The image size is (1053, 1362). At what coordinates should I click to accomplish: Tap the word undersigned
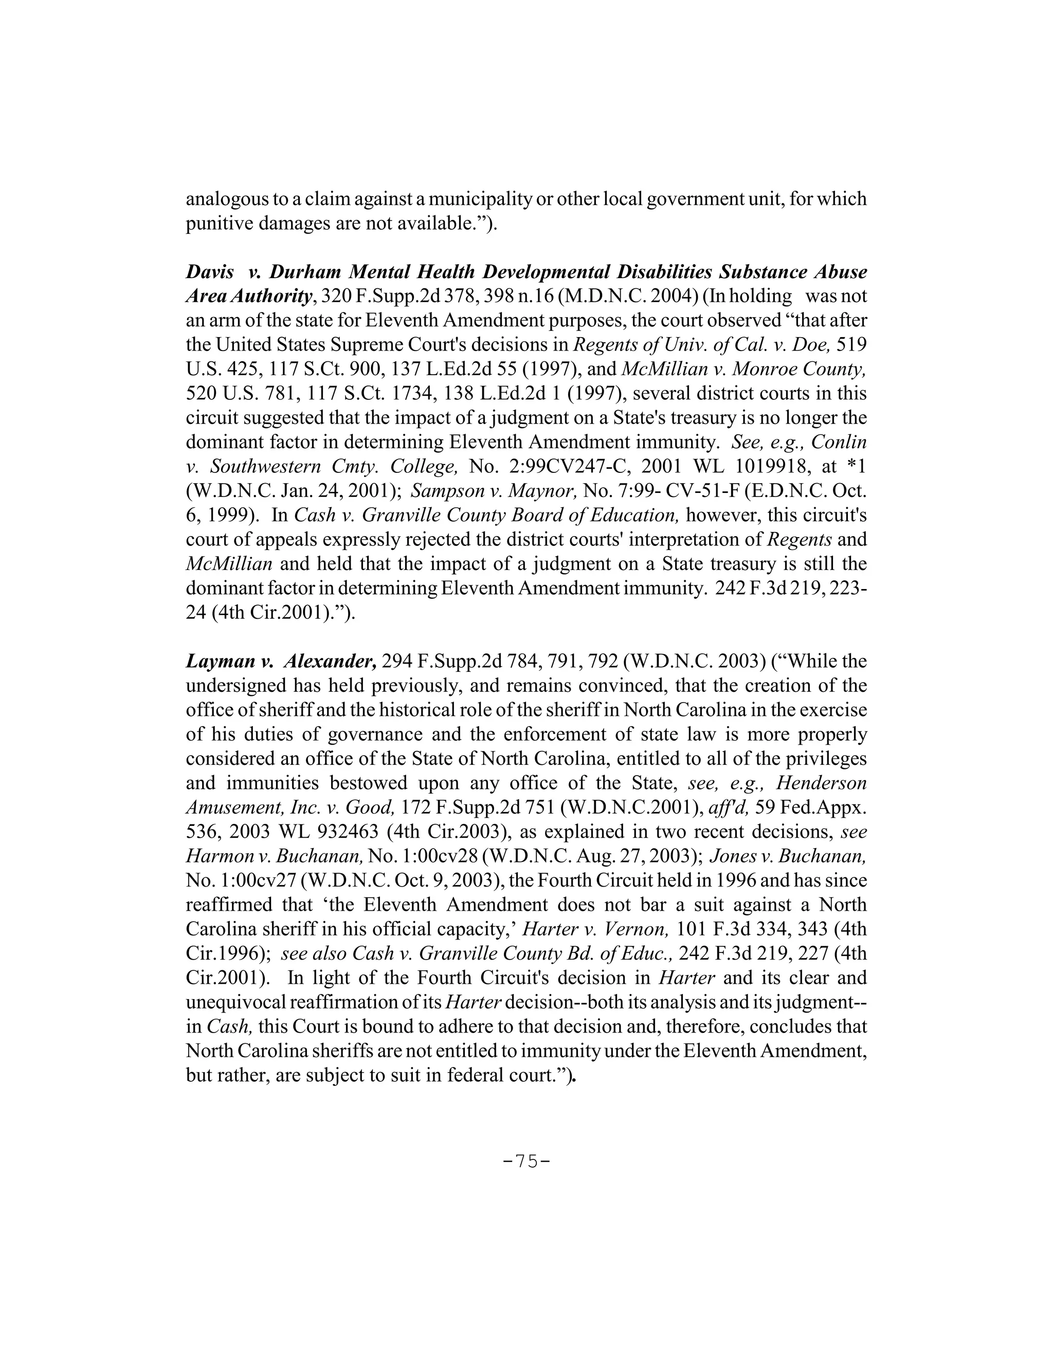pos(236,685)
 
